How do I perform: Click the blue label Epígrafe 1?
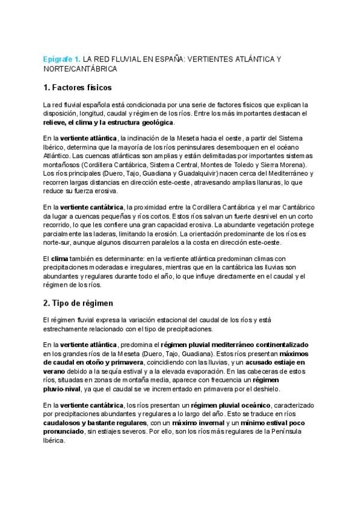[61, 60]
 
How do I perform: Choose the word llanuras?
[265, 182]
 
